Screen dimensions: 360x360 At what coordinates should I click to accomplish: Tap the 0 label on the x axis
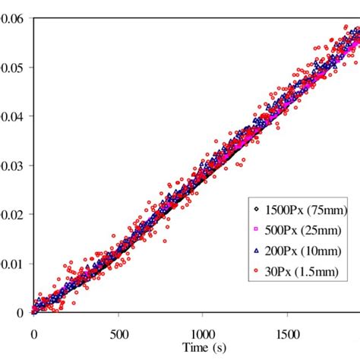(x=33, y=333)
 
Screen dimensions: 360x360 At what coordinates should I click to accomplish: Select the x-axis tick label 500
(x=118, y=333)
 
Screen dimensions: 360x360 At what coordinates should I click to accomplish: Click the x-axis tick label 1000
(x=202, y=333)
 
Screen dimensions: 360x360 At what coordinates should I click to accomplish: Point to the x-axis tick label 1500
(x=286, y=333)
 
